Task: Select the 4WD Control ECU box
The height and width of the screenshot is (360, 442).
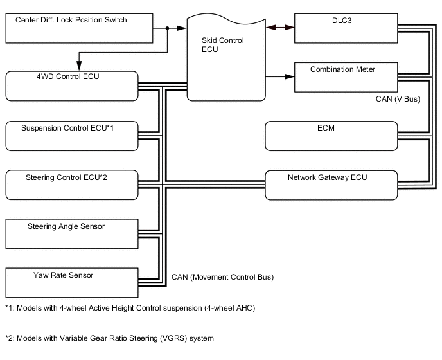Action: (72, 85)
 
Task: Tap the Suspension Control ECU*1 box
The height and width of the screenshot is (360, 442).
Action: (72, 135)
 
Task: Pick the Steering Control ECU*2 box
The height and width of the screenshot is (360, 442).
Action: (72, 184)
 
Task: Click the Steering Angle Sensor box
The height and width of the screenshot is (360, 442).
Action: (72, 234)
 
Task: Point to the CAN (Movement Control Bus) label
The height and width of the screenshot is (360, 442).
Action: (222, 278)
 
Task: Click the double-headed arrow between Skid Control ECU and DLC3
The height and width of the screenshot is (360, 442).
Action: (280, 28)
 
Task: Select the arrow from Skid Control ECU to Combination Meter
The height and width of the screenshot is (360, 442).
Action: (280, 77)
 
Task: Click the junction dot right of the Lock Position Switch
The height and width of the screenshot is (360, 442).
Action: (168, 28)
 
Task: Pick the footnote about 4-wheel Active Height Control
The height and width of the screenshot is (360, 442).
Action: (130, 308)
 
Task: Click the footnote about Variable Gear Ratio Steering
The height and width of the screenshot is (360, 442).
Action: (109, 338)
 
